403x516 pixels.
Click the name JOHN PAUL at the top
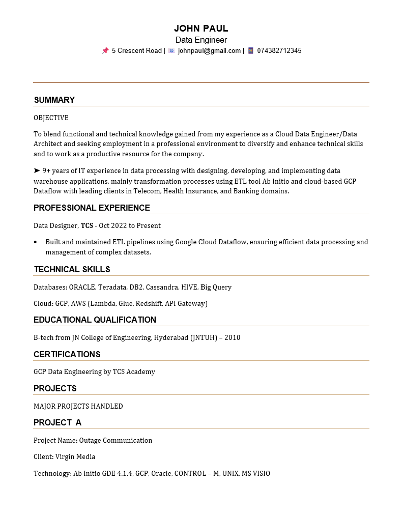tap(201, 28)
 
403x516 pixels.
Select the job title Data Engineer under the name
tap(201, 40)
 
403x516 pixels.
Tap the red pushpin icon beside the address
tap(105, 50)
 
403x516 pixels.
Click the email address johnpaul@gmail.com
tap(209, 50)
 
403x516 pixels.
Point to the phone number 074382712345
tap(279, 50)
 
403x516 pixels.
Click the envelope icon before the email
tap(171, 50)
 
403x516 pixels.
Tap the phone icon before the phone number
tap(250, 50)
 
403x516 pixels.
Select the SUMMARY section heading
tap(54, 100)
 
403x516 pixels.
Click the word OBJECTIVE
tap(51, 118)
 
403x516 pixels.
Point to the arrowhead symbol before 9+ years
tap(37, 170)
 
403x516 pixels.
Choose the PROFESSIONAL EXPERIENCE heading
tap(92, 208)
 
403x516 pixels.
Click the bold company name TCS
tap(87, 225)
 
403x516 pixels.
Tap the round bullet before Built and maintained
tap(35, 242)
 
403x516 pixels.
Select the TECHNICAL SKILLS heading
tap(72, 269)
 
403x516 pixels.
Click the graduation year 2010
tap(232, 337)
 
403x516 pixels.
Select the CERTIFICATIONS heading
tap(67, 354)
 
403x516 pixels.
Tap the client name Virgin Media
tap(75, 456)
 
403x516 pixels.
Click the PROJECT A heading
tap(57, 422)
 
